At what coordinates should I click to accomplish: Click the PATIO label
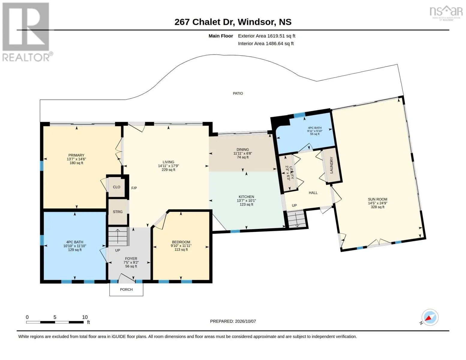[x=238, y=94]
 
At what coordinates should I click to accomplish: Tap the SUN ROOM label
[x=377, y=199]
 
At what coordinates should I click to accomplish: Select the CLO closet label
[x=116, y=187]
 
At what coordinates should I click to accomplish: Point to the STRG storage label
[x=118, y=212]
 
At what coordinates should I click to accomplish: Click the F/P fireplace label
[x=134, y=188]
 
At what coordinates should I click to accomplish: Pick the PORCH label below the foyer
[x=126, y=289]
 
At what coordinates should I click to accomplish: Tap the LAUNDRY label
[x=332, y=165]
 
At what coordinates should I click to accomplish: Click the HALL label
[x=313, y=193]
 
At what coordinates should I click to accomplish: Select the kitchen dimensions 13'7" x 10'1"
[x=246, y=201]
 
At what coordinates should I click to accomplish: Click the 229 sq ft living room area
[x=168, y=170]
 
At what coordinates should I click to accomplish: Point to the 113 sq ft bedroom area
[x=181, y=250]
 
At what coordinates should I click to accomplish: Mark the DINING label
[x=243, y=149]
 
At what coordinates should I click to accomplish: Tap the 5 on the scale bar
[x=55, y=317]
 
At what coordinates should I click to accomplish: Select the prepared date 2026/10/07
[x=245, y=321]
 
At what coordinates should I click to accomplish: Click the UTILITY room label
[x=289, y=173]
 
